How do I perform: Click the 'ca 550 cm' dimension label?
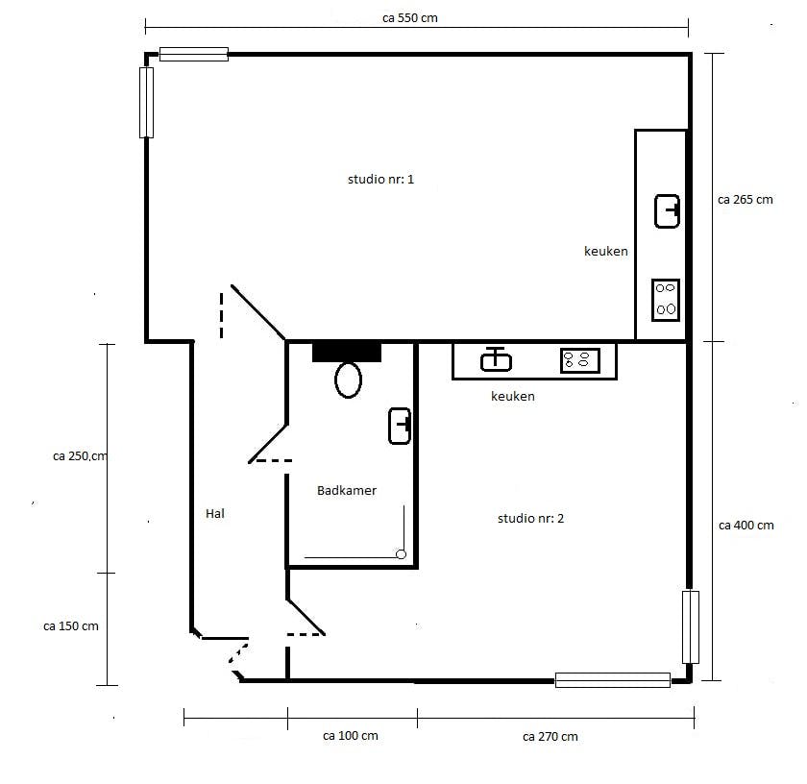[409, 18]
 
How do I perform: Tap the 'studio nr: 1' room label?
[380, 179]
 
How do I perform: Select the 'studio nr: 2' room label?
[530, 519]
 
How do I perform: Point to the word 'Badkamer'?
[347, 491]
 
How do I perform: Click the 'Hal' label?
[214, 513]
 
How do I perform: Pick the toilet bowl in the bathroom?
[348, 380]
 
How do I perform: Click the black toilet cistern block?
[347, 352]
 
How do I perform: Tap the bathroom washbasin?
[400, 426]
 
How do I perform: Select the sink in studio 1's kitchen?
[667, 211]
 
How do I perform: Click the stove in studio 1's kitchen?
[666, 301]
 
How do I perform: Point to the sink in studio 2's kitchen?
[496, 359]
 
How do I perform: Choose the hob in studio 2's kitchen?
[580, 360]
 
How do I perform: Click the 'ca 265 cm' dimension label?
[746, 200]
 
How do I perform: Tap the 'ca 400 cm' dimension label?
[746, 526]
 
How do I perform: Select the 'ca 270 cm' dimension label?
[550, 737]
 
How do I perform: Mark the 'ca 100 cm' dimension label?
[351, 736]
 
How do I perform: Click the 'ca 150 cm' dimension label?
[71, 626]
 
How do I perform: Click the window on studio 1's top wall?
[193, 54]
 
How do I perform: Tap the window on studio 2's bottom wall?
[613, 680]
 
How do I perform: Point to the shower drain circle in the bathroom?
[401, 554]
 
